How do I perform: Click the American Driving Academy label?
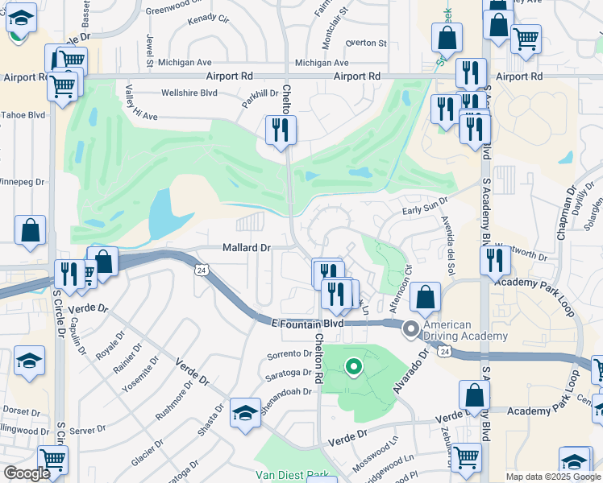pyautogui.click(x=467, y=329)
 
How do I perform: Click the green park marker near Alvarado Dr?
pyautogui.click(x=353, y=368)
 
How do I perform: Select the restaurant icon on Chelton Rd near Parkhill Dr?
pyautogui.click(x=281, y=130)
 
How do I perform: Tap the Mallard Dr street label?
pyautogui.click(x=247, y=248)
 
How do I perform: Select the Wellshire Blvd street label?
pyautogui.click(x=190, y=93)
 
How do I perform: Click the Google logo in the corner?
pyautogui.click(x=26, y=473)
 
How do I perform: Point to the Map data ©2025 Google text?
pyautogui.click(x=552, y=477)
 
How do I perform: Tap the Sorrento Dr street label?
pyautogui.click(x=289, y=355)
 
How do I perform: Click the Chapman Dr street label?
pyautogui.click(x=571, y=202)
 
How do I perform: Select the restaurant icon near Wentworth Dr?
pyautogui.click(x=495, y=260)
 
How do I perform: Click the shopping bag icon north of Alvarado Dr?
pyautogui.click(x=425, y=297)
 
